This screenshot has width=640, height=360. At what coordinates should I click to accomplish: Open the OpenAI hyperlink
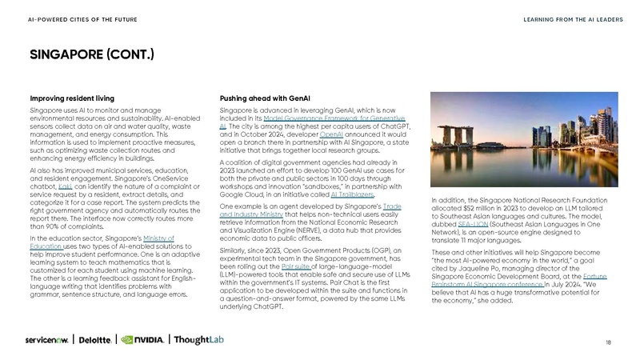point(331,135)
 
